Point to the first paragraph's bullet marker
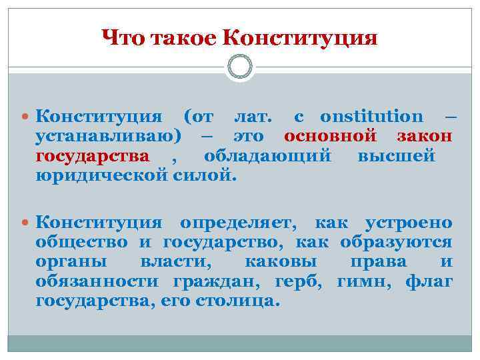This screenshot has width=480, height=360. click(25, 117)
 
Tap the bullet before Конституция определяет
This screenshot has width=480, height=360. click(25, 223)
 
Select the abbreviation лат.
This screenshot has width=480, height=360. click(253, 117)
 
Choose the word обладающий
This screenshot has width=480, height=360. click(268, 157)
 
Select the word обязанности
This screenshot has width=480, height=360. click(100, 281)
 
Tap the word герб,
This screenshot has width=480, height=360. click(299, 281)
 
